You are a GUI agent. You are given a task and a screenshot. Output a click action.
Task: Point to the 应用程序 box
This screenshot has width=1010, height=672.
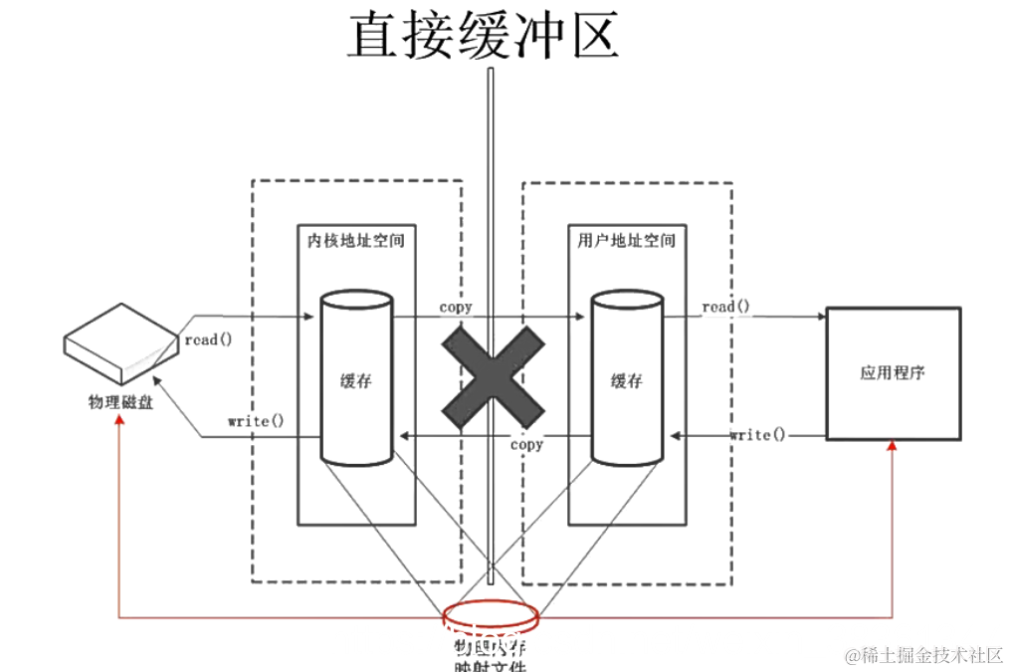(x=892, y=373)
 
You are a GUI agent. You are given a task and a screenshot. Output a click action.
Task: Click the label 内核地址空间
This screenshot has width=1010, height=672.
(x=355, y=241)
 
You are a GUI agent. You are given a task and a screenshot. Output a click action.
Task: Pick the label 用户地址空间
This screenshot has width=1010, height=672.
(x=626, y=241)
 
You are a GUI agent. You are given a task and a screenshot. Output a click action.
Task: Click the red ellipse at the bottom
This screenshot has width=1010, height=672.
(x=493, y=617)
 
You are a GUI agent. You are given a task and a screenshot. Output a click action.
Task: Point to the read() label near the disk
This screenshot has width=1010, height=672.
(x=208, y=339)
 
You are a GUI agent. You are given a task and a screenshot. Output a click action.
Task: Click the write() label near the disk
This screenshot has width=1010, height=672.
(x=256, y=421)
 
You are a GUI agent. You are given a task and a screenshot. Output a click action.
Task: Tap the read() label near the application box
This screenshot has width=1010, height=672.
(x=725, y=307)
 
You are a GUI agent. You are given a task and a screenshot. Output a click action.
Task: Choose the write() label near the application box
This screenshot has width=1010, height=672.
(x=757, y=435)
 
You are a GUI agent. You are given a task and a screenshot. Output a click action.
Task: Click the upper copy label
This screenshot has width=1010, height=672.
(x=456, y=308)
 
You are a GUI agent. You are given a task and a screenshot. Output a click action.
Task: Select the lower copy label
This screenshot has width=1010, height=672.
(x=526, y=445)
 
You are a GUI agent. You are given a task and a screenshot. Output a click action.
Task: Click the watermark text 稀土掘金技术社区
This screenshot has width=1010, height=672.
(x=924, y=654)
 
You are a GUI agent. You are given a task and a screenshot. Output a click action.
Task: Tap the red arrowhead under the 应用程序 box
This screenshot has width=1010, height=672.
(x=892, y=447)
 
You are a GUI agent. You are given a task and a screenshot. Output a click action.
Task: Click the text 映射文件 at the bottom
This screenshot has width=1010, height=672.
(x=489, y=665)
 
